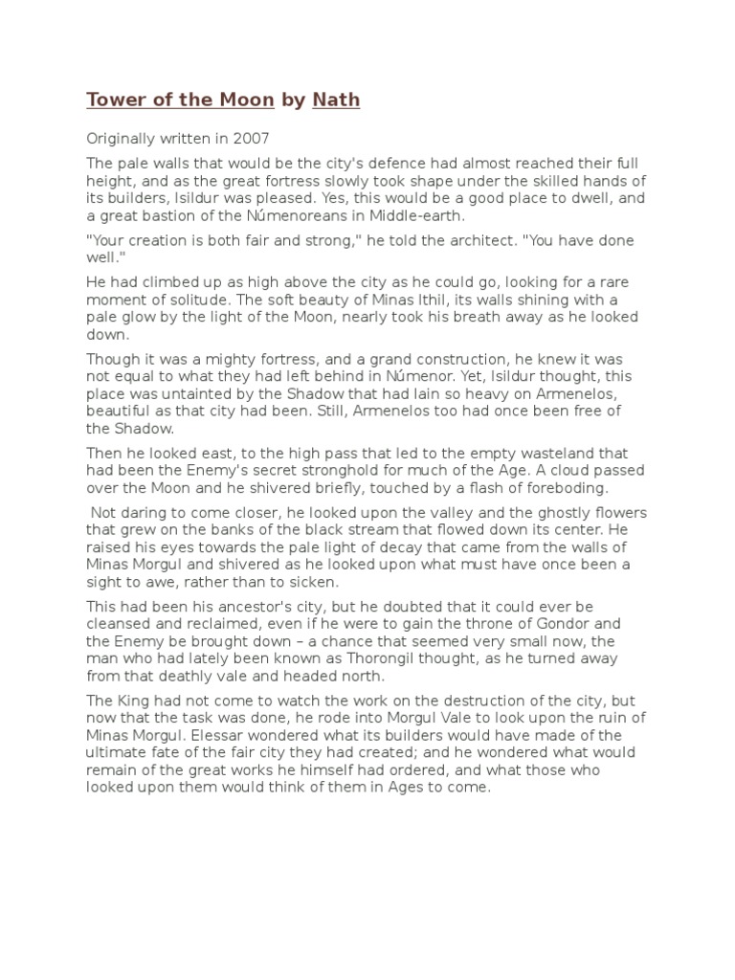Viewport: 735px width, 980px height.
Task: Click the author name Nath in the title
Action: pos(336,100)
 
